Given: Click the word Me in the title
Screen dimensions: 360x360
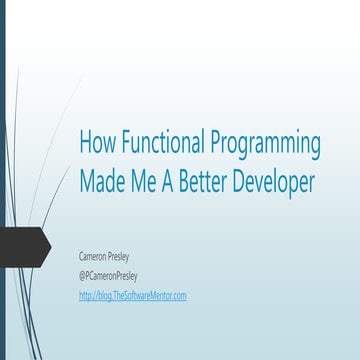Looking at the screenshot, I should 146,181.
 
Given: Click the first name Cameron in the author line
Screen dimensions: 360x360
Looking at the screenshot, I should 96,256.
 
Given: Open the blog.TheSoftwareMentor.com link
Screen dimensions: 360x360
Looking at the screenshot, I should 132,295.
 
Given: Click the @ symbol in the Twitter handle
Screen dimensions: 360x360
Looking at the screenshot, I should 83,276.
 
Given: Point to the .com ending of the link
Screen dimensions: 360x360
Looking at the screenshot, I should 178,295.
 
